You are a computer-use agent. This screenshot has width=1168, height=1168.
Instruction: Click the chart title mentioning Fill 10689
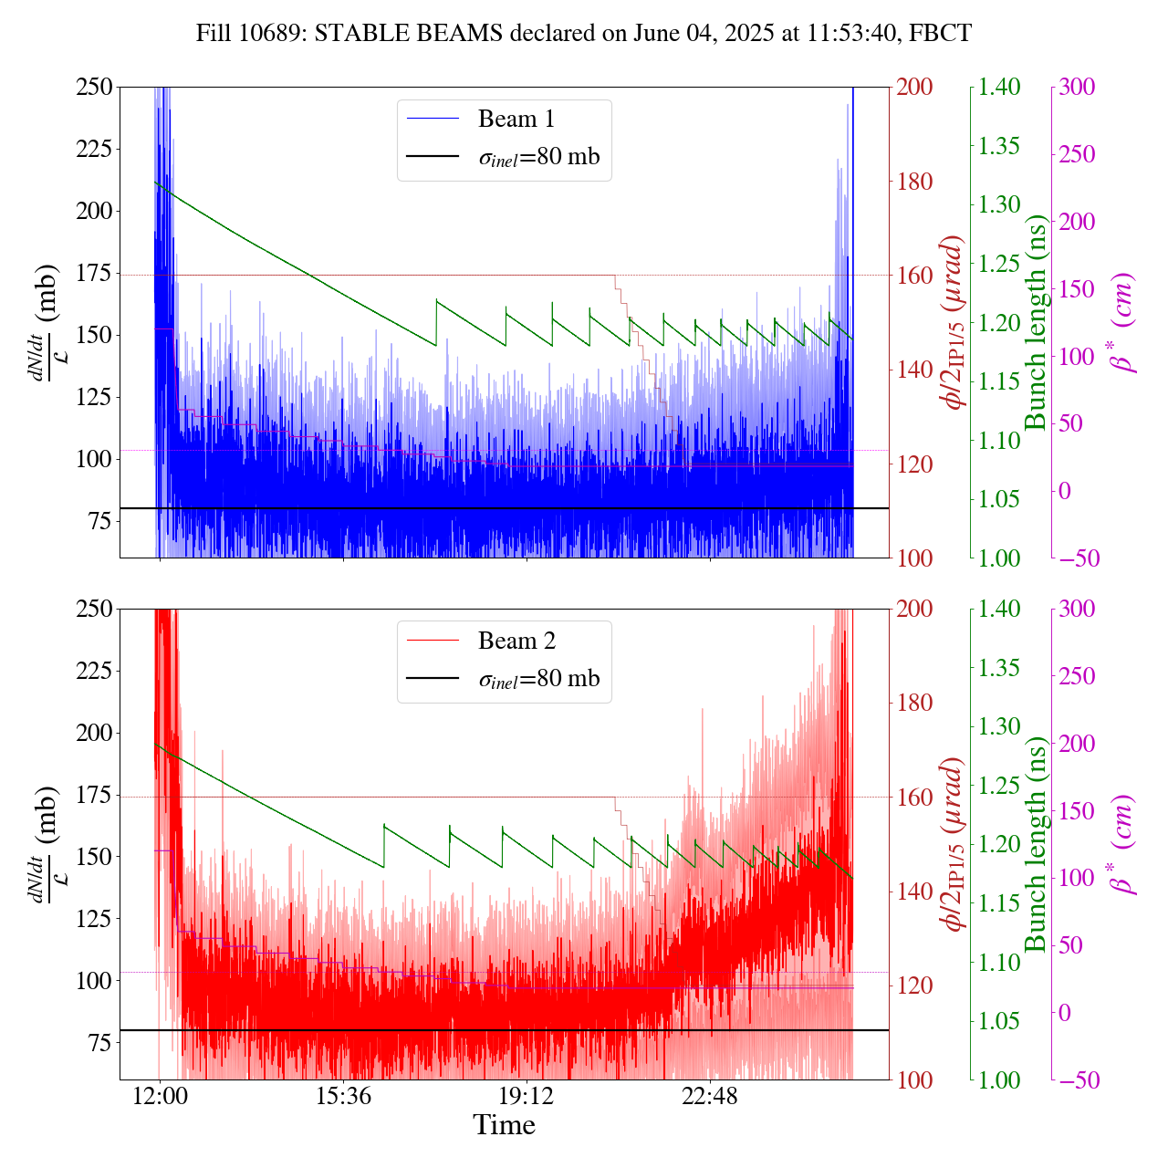(x=584, y=34)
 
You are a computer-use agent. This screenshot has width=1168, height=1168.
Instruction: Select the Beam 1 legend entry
(x=516, y=120)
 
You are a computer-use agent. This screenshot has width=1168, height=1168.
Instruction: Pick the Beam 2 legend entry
(x=516, y=641)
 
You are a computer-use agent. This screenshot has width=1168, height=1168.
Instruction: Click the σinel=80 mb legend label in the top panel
(x=539, y=157)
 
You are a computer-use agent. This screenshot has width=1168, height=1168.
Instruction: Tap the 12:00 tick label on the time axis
(x=160, y=1096)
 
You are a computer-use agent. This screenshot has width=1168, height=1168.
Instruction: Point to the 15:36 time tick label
(x=343, y=1096)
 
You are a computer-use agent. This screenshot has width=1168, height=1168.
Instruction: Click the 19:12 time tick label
(x=527, y=1096)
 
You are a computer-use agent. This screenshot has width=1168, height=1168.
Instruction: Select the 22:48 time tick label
(x=710, y=1096)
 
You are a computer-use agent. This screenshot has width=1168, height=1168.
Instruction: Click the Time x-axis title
(x=504, y=1126)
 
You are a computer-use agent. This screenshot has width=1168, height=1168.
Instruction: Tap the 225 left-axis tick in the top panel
(x=95, y=149)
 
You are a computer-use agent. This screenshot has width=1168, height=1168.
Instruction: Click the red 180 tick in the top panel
(x=916, y=182)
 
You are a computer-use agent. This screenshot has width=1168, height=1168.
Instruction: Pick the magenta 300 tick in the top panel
(x=1079, y=88)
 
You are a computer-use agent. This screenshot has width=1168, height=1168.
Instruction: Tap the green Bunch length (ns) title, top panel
(x=1036, y=322)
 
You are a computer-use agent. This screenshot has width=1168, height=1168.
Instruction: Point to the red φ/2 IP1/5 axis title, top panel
(x=954, y=322)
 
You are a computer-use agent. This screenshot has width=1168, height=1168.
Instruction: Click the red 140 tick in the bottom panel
(x=916, y=892)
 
